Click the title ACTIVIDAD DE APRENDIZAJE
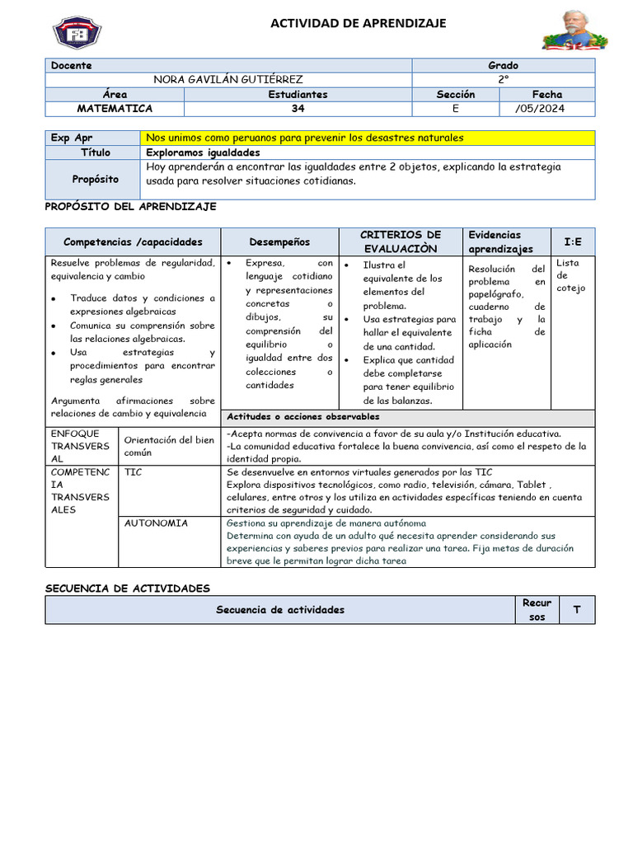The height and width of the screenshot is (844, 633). click(x=359, y=24)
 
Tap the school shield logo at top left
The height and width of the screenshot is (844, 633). click(x=77, y=31)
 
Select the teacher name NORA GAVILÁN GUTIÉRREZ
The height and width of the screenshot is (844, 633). click(x=228, y=80)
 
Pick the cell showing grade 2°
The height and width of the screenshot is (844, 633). click(x=503, y=80)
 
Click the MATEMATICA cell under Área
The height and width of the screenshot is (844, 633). click(x=115, y=108)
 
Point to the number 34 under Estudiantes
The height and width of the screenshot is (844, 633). click(x=298, y=108)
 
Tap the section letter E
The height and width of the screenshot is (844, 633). click(x=455, y=108)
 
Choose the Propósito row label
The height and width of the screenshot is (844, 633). click(x=95, y=179)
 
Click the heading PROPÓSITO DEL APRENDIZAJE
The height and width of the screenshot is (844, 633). click(x=130, y=207)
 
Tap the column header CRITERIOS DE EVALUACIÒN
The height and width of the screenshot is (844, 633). click(x=401, y=241)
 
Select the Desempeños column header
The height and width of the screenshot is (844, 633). click(x=279, y=241)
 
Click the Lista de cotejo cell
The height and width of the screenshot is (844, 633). click(x=573, y=275)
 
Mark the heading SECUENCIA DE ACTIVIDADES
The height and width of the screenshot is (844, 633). click(x=127, y=588)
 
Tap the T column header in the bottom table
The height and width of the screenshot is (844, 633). click(x=576, y=610)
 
